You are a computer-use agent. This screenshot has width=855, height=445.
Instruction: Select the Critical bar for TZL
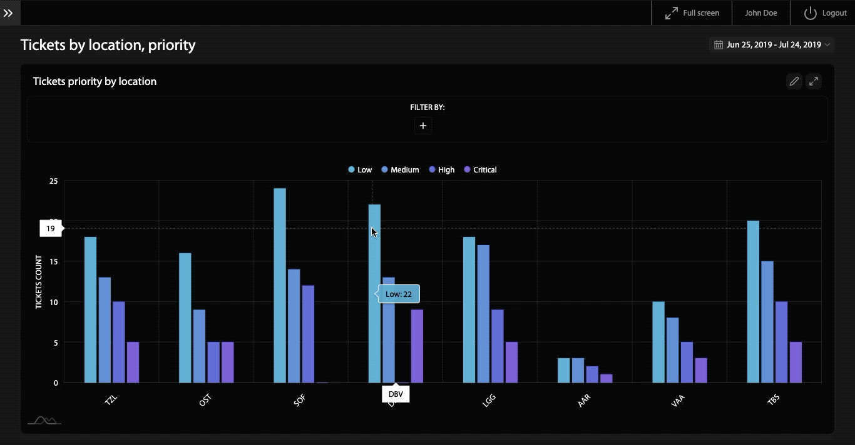133,362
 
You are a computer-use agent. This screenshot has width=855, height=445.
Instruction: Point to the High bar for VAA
687,362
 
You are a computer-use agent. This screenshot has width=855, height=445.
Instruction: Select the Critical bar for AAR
606,378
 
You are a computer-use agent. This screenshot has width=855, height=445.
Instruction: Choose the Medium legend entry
400,169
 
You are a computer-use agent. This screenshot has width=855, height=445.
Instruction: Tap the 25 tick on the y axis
53,181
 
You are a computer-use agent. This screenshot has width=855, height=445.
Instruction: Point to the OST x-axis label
205,401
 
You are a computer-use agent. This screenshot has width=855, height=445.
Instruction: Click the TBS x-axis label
774,401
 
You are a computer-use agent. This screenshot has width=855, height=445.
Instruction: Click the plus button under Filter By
423,126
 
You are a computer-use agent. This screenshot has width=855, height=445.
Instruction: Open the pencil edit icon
794,81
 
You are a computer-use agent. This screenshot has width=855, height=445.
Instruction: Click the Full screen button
692,12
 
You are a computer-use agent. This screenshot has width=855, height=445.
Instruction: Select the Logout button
826,12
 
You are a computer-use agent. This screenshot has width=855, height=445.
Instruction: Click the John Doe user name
760,12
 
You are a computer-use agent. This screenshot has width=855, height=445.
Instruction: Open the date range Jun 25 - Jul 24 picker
772,44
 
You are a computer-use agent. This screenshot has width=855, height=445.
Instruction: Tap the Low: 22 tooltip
399,294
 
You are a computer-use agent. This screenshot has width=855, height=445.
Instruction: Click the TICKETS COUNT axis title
39,282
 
